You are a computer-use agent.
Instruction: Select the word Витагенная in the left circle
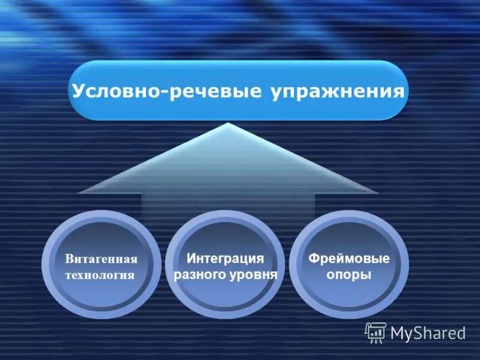pyautogui.click(x=101, y=259)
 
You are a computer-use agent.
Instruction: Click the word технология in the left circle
pyautogui.click(x=100, y=275)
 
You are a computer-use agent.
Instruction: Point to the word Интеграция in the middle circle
pyautogui.click(x=225, y=259)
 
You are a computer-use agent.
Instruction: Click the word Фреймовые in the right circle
pyautogui.click(x=349, y=259)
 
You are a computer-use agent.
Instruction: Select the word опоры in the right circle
pyautogui.click(x=349, y=275)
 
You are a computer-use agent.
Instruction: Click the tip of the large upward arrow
pyautogui.click(x=228, y=124)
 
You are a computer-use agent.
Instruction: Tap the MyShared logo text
pyautogui.click(x=428, y=332)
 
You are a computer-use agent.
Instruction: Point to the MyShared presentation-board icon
pyautogui.click(x=376, y=332)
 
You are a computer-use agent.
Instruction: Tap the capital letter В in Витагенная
pyautogui.click(x=69, y=259)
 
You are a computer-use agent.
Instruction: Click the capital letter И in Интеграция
pyautogui.click(x=190, y=259)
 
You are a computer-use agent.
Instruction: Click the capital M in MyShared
pyautogui.click(x=398, y=332)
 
